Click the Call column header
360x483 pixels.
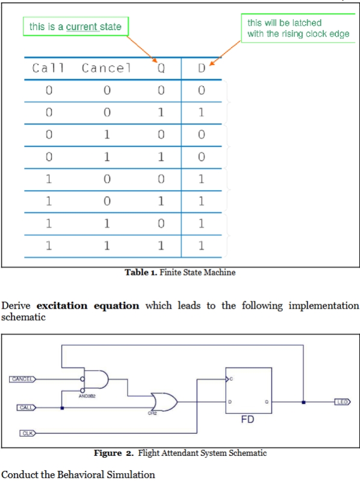[48, 68]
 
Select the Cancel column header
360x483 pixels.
[106, 68]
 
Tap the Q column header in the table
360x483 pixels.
[161, 68]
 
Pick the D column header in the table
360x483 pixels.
[202, 68]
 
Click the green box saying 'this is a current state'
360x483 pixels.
[75, 26]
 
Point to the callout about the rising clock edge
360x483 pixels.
[298, 28]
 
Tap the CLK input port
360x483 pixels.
[26, 433]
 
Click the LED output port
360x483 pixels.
[342, 401]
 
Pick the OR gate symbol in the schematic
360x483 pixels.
[164, 401]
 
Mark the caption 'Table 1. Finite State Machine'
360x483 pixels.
[180, 272]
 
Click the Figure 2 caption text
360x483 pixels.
[180, 453]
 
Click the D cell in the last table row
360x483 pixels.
[202, 245]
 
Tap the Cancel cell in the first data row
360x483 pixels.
[106, 91]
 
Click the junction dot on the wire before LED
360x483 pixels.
[304, 401]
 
